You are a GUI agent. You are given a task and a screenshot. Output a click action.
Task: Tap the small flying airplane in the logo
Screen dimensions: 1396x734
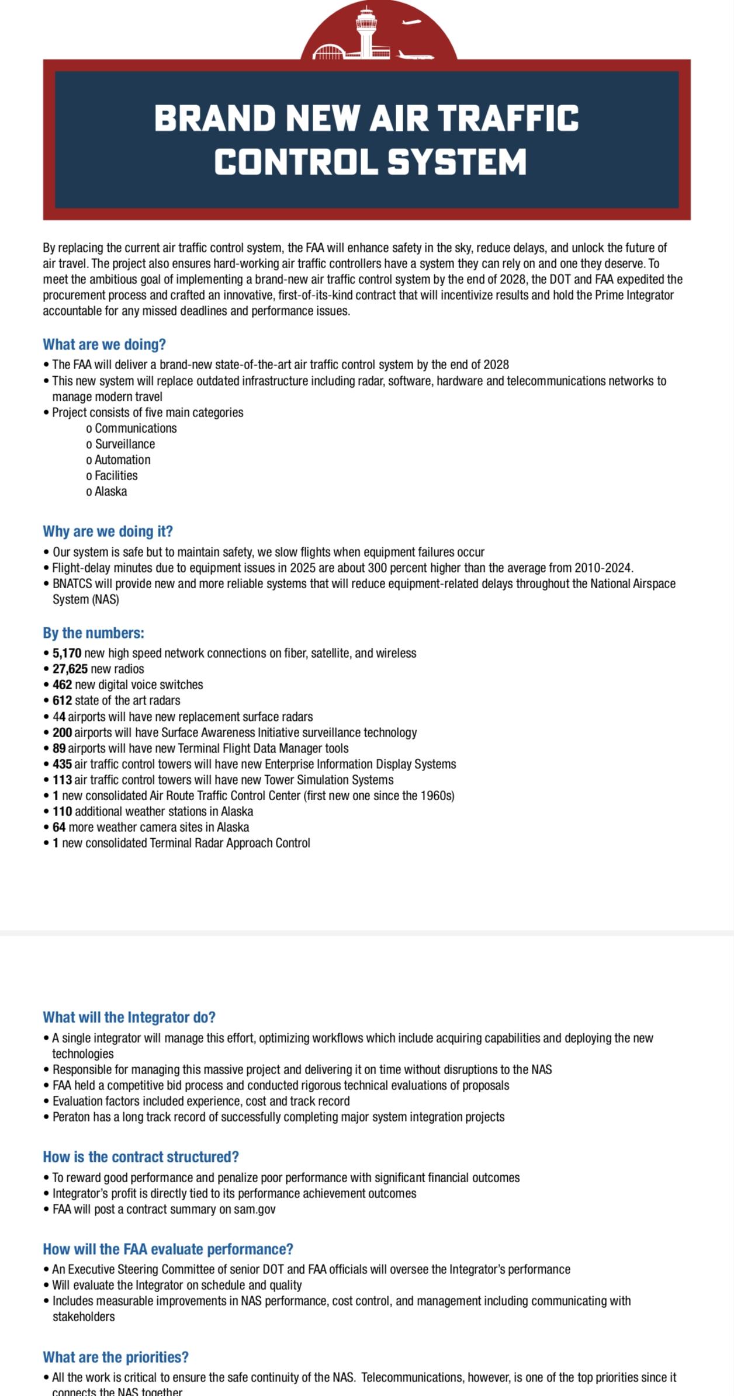pos(411,23)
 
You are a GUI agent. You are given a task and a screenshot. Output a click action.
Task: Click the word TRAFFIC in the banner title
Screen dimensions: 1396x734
pos(508,119)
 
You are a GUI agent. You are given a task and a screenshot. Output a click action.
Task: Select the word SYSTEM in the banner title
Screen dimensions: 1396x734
pos(457,162)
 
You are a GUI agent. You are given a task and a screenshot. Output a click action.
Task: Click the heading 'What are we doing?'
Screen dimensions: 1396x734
pos(104,345)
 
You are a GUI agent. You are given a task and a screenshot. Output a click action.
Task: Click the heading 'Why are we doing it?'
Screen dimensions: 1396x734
pos(108,532)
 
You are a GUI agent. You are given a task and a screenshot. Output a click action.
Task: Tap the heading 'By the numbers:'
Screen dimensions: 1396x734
pos(94,633)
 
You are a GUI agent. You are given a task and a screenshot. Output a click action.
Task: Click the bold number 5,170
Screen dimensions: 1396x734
pos(67,653)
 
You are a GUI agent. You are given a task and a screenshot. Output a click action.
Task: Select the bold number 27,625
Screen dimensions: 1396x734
pos(70,669)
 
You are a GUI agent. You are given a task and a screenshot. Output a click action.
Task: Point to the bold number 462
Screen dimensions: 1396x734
pos(62,685)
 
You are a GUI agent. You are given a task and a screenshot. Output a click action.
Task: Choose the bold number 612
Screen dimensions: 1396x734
pos(62,700)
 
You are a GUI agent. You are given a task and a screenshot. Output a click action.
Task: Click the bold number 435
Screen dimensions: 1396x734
pos(62,764)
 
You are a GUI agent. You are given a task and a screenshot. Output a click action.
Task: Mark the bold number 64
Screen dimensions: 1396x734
pos(59,827)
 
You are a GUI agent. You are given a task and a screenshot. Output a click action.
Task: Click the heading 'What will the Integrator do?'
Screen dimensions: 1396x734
pos(129,1018)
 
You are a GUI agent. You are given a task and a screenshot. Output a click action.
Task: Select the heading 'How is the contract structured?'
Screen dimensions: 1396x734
pos(141,1157)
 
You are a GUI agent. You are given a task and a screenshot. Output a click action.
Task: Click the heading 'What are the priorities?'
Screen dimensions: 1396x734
pos(116,1357)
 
